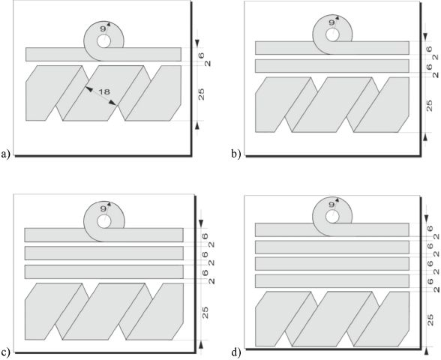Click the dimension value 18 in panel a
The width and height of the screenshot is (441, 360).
point(104,91)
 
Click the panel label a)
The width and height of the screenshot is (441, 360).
point(6,154)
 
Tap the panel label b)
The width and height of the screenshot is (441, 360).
point(236,154)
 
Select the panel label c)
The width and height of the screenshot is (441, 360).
point(6,352)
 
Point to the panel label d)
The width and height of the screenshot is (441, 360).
point(236,352)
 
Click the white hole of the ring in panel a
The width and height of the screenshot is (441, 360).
point(103,42)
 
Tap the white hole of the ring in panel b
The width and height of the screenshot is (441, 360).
point(332,34)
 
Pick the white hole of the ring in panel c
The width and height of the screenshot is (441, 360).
point(103,222)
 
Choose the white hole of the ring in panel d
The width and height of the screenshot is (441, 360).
point(332,217)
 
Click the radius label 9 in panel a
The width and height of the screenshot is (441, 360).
point(103,28)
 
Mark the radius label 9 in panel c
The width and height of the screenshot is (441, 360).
point(103,208)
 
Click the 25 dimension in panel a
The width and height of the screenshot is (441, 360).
point(201,94)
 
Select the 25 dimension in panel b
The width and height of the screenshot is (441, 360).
point(429,106)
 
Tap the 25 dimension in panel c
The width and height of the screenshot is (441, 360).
point(205,312)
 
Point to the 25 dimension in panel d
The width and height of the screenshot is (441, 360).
point(430,320)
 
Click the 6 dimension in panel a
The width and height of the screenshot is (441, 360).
point(201,55)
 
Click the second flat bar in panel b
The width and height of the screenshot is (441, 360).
point(332,66)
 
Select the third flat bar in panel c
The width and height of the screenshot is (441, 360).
point(104,272)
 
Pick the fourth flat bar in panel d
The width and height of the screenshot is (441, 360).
point(332,281)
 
